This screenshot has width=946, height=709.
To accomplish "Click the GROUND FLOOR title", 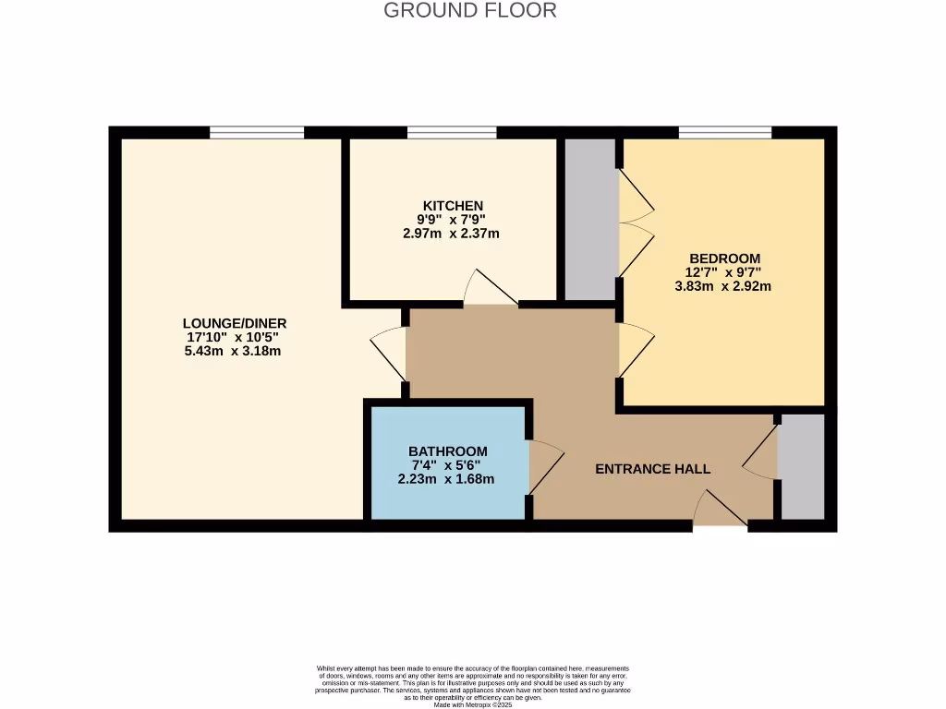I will click(x=470, y=11).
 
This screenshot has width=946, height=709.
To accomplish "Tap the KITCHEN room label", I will click(x=452, y=205).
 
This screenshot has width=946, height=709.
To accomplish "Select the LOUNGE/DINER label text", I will click(x=235, y=323).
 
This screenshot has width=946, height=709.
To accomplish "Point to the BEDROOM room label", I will click(x=724, y=258).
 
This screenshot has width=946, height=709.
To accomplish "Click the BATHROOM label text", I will click(x=447, y=451).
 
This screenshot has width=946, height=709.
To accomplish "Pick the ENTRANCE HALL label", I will click(x=652, y=469).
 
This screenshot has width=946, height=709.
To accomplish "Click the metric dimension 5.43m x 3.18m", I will click(x=233, y=351).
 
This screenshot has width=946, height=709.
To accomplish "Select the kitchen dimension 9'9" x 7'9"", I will click(x=451, y=220).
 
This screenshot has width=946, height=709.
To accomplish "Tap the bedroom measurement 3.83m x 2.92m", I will click(x=723, y=286).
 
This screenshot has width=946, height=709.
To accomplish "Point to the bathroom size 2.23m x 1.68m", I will click(x=446, y=478).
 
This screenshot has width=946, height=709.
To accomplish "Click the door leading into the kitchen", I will click(x=490, y=291).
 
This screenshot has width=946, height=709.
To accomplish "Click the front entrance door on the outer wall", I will click(x=720, y=512).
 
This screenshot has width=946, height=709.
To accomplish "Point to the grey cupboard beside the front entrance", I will click(x=802, y=466).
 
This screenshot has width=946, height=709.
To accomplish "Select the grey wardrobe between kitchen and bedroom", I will click(x=589, y=219).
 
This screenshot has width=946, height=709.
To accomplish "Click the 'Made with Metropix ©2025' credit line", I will click(x=472, y=704).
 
